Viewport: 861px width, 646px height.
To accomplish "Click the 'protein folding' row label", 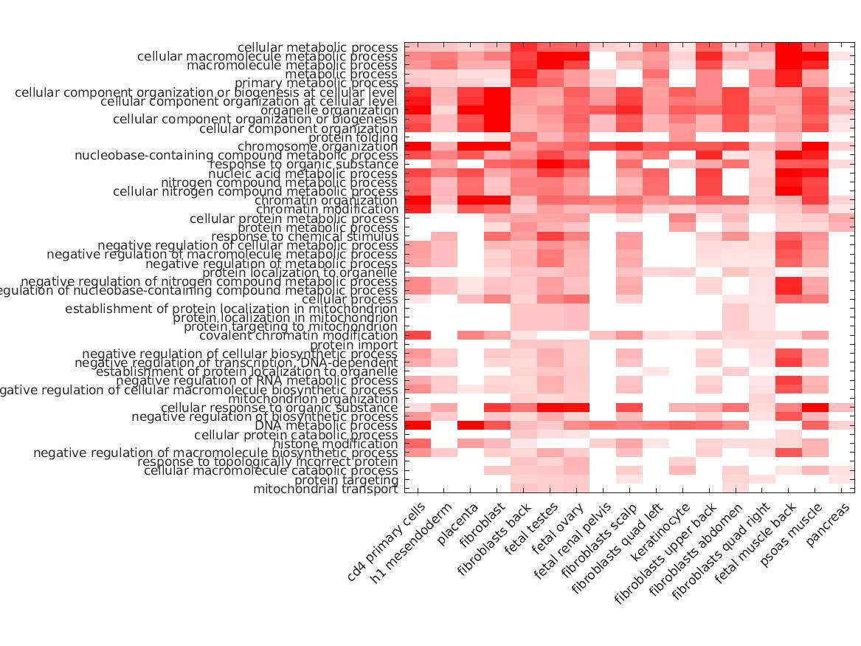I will point(353,138).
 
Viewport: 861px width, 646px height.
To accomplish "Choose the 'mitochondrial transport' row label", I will point(325,489).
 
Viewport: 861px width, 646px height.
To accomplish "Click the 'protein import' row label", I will point(353,345).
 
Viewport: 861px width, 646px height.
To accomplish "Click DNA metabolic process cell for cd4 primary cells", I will point(418,426).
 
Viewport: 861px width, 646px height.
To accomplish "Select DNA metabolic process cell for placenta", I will point(471,426).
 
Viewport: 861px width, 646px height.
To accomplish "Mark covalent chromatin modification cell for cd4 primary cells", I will point(418,336).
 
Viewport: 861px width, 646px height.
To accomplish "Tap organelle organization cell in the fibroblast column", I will point(497,111).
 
